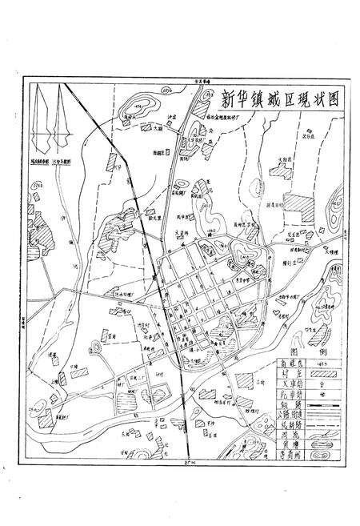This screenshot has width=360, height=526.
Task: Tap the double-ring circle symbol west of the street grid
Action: tap(98, 347)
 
